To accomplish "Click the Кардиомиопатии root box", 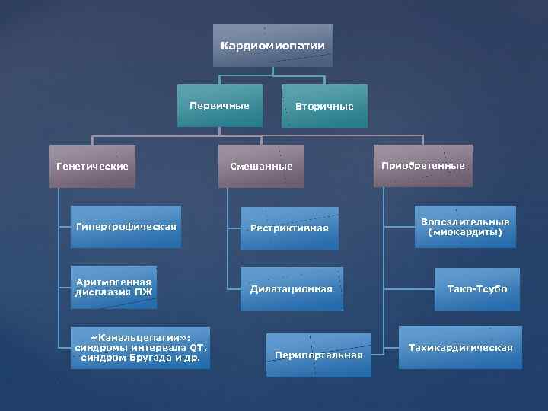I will point(272,46).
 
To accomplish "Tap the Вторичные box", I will point(324,106).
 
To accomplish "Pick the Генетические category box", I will point(92,166).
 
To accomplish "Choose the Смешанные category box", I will point(261,166).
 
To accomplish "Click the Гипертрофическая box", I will point(126,227).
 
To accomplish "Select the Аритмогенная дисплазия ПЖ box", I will point(114,287).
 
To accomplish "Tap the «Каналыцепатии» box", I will point(141,348).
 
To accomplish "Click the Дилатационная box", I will point(292,289).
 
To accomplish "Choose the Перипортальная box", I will point(319,355).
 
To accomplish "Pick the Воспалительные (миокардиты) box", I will point(465,227).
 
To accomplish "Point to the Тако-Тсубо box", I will point(477,289).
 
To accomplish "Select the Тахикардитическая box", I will point(460,348).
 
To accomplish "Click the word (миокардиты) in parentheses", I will point(465,232).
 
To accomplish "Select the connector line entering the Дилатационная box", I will point(234,289).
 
